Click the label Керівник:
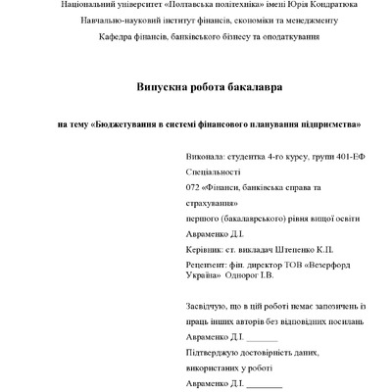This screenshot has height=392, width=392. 206,250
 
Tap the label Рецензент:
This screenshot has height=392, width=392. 208,266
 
